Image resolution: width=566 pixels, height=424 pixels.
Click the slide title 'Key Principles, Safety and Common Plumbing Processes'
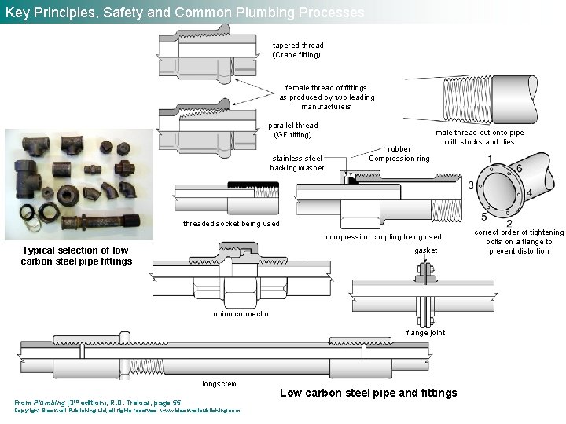pyautogui.click(x=185, y=13)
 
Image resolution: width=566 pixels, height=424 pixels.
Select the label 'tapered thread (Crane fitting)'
pyautogui.click(x=298, y=50)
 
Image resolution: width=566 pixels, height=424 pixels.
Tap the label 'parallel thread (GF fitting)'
pyautogui.click(x=293, y=130)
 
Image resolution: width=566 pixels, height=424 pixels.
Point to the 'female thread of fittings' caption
pyautogui.click(x=326, y=97)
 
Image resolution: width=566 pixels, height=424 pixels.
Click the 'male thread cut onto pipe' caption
pyautogui.click(x=480, y=137)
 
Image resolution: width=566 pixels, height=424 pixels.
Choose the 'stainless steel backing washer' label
pyautogui.click(x=296, y=163)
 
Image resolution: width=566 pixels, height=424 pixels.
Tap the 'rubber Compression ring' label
pyautogui.click(x=399, y=153)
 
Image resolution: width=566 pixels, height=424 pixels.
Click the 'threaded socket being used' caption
pyautogui.click(x=231, y=224)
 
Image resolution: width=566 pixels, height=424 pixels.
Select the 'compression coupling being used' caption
pyautogui.click(x=384, y=236)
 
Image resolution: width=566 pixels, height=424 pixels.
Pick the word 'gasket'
pyautogui.click(x=426, y=250)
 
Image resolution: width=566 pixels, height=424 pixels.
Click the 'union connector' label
pyautogui.click(x=241, y=314)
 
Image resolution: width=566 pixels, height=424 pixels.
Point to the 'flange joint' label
pyautogui.click(x=425, y=333)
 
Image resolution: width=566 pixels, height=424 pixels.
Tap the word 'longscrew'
pyautogui.click(x=220, y=384)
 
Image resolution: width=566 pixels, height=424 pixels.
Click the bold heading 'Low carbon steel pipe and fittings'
pyautogui.click(x=368, y=393)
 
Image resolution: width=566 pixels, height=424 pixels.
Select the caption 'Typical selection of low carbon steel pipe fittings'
pyautogui.click(x=76, y=256)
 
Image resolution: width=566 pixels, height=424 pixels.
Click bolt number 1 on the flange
pyautogui.click(x=490, y=159)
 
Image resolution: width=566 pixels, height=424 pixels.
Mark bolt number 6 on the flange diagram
pyautogui.click(x=519, y=168)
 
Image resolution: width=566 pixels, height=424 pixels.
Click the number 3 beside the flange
pyautogui.click(x=471, y=185)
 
